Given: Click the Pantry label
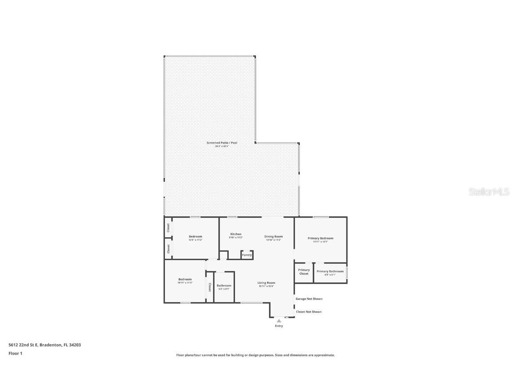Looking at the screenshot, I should coord(247,255).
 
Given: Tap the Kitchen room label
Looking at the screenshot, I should coord(236,234).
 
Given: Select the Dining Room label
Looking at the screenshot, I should coord(273,237).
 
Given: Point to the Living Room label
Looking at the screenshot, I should coord(266,283).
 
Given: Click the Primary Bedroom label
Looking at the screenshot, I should coord(320,238).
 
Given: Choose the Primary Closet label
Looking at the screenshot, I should coord(304,272).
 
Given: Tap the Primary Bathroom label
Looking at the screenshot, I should coord(330,271).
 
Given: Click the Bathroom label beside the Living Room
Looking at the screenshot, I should coord(224,285).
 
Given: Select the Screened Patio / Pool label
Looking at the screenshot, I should coord(222,143).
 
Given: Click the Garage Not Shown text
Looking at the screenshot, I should coord(309,299).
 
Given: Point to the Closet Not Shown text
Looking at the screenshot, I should coord(309,312).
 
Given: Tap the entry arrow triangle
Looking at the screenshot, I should coord(279,320).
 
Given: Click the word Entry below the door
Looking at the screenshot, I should coord(279,326).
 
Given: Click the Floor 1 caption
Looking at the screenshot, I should coord(15,353).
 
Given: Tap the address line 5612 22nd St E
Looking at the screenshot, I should coord(44,344).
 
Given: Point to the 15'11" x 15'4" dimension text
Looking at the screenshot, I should coord(266,286).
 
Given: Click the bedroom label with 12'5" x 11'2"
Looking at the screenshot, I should coord(195,237).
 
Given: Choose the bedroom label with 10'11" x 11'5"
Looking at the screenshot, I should coord(185,279).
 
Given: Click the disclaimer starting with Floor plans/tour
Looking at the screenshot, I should coord(255,355).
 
